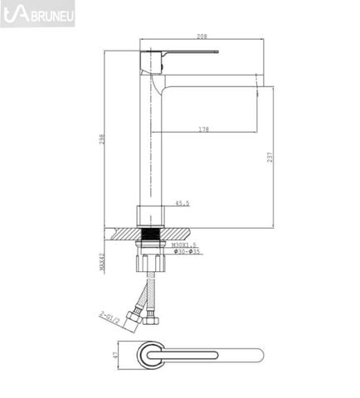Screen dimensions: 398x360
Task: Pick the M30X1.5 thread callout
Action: pos(185,245)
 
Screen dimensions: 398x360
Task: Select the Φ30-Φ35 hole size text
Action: pos(185,253)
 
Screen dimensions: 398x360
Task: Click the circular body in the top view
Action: pos(150,355)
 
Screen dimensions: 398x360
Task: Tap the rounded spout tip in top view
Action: pos(258,355)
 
